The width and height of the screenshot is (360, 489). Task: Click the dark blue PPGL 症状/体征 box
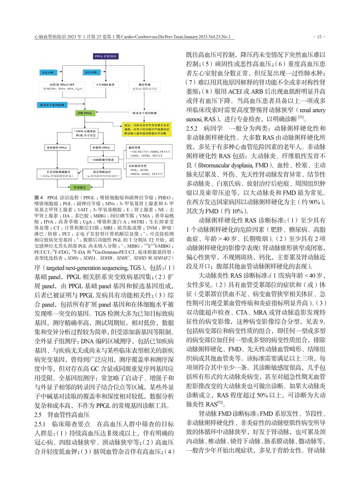(106, 56)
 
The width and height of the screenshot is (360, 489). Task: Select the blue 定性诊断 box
(47, 72)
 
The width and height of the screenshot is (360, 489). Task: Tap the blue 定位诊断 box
(91, 72)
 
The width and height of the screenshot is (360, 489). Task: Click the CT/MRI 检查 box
(106, 85)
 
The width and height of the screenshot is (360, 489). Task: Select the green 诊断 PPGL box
(85, 113)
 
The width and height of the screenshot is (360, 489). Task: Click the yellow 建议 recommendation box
(147, 129)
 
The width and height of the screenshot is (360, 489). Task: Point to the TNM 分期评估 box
(85, 133)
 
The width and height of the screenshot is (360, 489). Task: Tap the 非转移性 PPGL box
(57, 147)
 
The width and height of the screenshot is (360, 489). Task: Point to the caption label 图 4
(39, 197)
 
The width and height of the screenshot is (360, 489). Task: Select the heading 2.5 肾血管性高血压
(62, 415)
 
